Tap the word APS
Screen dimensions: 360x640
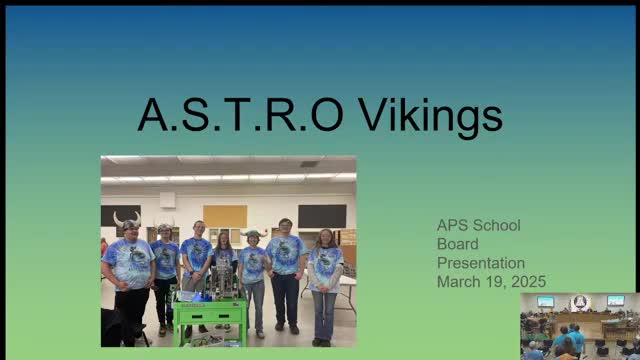point(452,225)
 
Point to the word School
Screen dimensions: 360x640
point(497,225)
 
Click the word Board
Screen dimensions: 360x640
point(457,244)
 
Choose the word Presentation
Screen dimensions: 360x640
point(480,263)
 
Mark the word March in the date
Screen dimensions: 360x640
point(457,282)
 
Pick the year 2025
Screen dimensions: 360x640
point(528,282)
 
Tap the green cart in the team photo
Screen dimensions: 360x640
point(209,318)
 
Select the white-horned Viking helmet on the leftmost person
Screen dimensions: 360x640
point(127,219)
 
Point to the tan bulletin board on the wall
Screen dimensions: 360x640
point(225,216)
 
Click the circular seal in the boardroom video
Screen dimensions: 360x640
point(580,303)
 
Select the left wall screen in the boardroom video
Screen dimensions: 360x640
point(545,301)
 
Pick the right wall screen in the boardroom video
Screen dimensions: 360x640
point(615,301)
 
